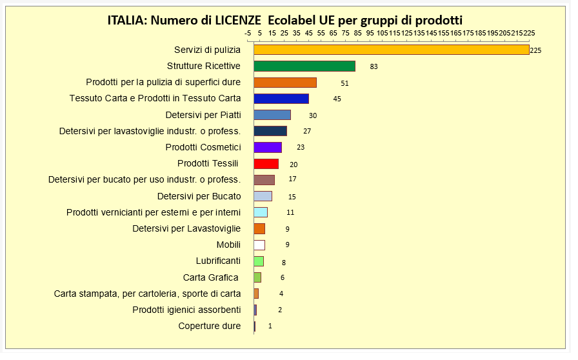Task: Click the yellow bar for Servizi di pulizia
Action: (391, 50)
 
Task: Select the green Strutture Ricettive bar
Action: (304, 66)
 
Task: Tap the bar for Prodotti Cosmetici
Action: (268, 147)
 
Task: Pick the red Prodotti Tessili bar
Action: (266, 164)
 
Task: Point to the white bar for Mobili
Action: (259, 245)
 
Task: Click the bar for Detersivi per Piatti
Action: (272, 115)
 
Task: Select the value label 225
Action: (535, 50)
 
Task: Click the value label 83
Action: (374, 66)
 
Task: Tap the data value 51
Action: (344, 83)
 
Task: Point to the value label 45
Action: (337, 99)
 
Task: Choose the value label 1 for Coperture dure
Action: (270, 326)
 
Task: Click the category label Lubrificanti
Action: (218, 261)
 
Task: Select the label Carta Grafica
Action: (211, 277)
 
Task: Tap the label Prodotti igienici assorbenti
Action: (186, 310)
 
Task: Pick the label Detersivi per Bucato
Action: (199, 196)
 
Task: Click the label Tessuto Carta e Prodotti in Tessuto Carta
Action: (155, 99)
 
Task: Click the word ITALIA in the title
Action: (126, 20)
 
